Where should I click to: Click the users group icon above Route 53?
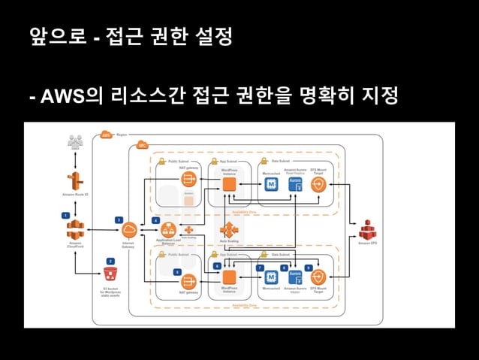pos(75,141)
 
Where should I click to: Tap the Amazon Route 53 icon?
pos(75,181)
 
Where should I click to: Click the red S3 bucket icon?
pos(110,274)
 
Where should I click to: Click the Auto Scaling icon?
pos(228,231)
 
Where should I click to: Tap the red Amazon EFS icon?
pos(366,230)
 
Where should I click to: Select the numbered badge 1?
pos(66,215)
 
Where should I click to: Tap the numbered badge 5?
pos(177,271)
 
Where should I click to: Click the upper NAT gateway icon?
pos(188,179)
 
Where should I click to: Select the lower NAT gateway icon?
pos(188,281)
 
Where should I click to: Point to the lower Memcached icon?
pos(270,278)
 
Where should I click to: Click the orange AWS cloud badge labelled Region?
pos(106,135)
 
